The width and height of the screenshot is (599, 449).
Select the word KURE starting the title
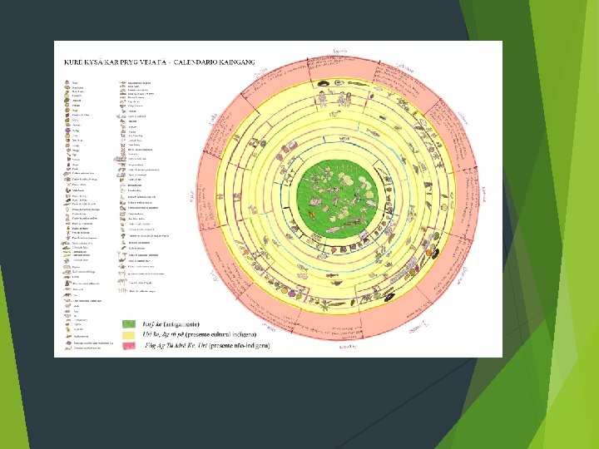tap(71, 61)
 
